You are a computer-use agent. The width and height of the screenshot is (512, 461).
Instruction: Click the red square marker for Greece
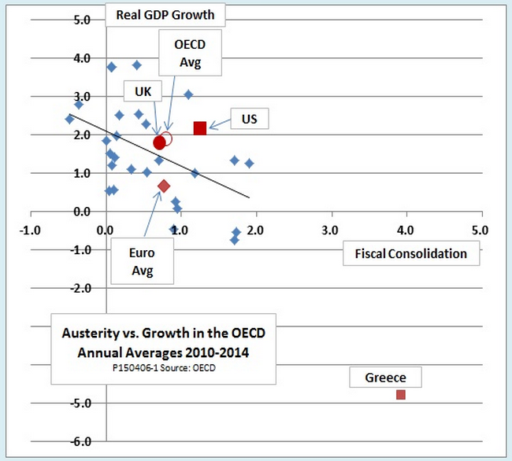(x=401, y=394)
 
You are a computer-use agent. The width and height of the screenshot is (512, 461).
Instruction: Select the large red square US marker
(x=200, y=127)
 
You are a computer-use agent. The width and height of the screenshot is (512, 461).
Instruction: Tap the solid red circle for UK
(x=160, y=142)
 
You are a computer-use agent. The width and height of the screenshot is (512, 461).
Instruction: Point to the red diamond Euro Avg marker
(x=164, y=186)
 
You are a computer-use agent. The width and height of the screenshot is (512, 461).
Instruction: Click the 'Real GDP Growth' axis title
(x=165, y=13)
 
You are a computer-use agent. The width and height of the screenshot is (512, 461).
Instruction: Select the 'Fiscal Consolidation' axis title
(x=410, y=253)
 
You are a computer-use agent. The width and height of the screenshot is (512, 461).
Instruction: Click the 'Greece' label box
(x=385, y=378)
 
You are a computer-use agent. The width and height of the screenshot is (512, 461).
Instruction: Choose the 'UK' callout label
(x=143, y=92)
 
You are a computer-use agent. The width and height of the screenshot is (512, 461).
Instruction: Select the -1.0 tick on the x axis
(x=31, y=230)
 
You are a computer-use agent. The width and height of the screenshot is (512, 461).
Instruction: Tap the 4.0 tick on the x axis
(x=405, y=230)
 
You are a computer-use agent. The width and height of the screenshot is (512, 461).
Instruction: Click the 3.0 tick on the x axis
(x=330, y=230)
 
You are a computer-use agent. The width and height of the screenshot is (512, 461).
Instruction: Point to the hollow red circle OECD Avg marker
(x=166, y=138)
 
